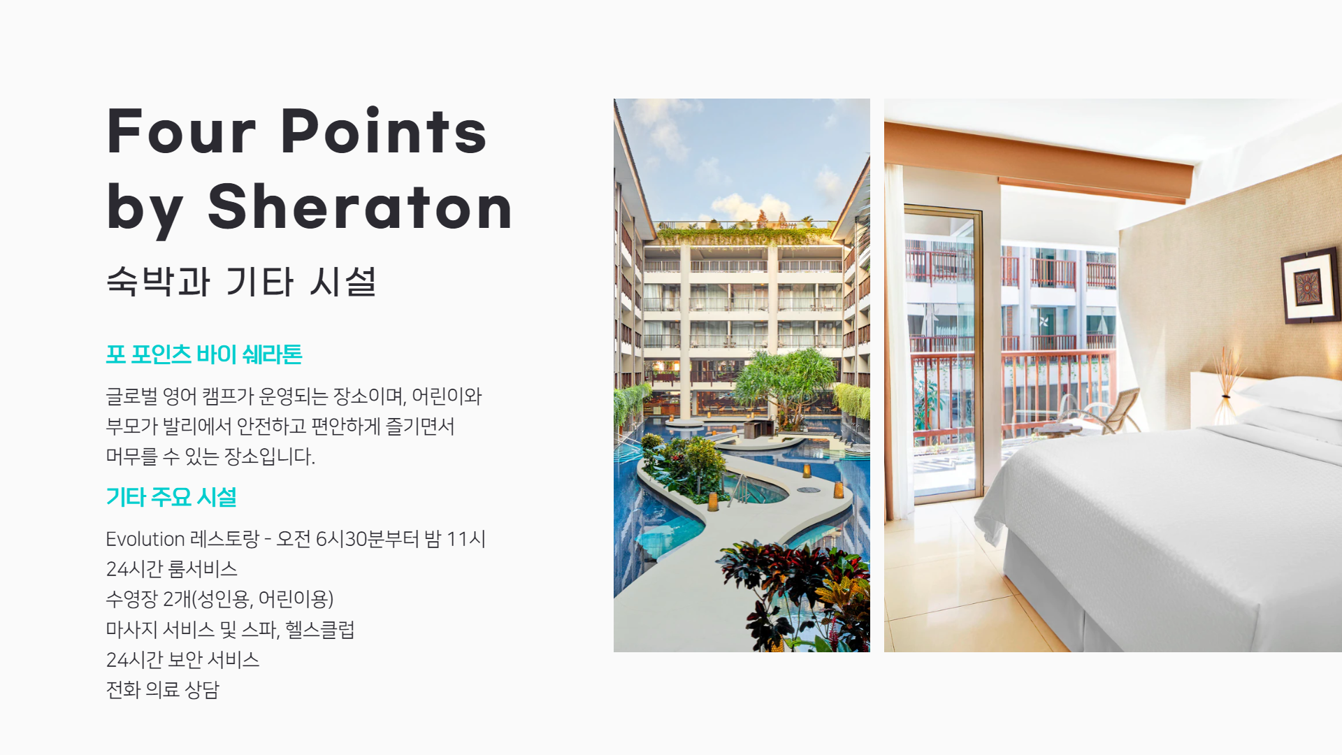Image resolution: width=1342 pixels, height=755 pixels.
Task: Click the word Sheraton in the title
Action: (360, 207)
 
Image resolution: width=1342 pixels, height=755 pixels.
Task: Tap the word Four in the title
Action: (181, 131)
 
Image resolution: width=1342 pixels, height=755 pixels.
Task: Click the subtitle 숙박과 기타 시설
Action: (241, 282)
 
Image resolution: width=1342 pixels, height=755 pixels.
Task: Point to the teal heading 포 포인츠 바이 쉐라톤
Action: (204, 354)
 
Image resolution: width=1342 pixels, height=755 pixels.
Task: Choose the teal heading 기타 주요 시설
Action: (171, 497)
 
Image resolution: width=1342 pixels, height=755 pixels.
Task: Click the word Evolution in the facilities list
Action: (145, 539)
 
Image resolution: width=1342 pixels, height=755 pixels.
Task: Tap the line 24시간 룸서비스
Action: (172, 569)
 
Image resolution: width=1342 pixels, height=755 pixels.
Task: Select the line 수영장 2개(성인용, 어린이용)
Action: (220, 599)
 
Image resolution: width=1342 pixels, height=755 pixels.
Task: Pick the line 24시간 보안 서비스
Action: (182, 659)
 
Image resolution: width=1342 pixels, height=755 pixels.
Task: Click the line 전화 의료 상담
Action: (163, 689)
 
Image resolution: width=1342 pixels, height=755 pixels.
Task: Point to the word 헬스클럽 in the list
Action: (320, 629)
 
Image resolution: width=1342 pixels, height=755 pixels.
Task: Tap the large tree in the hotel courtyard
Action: (786, 384)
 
